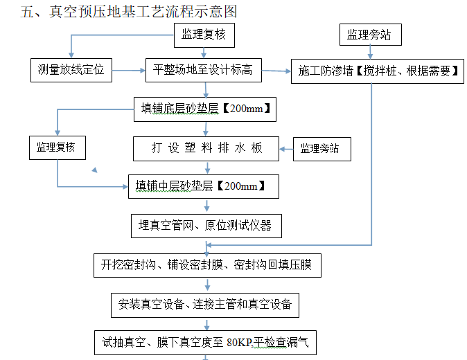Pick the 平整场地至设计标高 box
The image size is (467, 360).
(203, 70)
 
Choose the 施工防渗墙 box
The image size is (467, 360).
(377, 71)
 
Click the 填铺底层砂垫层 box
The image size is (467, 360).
(205, 109)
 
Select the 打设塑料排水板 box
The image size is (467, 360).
(206, 147)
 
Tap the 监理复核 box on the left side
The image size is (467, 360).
(56, 147)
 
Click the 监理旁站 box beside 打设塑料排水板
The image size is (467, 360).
(320, 148)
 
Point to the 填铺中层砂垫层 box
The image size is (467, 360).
(202, 186)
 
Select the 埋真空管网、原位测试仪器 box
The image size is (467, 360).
(205, 225)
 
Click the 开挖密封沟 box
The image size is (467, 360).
(207, 264)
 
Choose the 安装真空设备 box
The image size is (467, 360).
(205, 303)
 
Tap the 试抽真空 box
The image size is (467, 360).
(205, 341)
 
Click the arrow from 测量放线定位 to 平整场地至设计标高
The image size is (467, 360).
(129, 70)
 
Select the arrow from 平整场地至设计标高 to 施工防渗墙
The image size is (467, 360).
(276, 71)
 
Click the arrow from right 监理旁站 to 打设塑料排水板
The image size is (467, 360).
(287, 147)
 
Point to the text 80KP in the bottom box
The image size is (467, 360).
(239, 342)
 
